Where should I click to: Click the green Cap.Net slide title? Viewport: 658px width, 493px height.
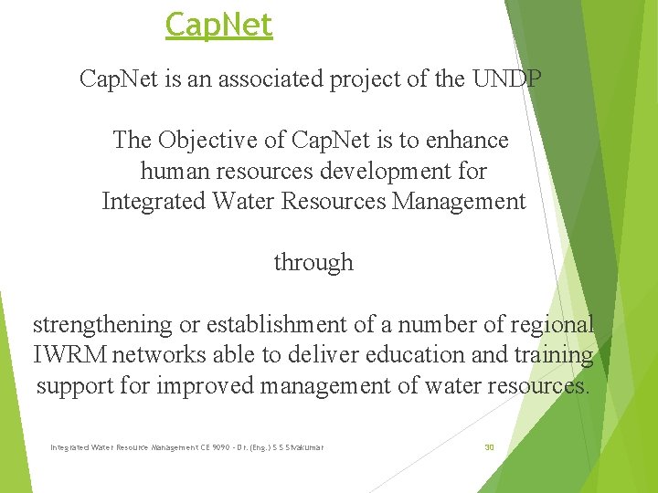point(218,25)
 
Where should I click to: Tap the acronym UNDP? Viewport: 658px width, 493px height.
point(507,79)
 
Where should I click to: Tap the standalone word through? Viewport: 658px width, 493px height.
point(313,263)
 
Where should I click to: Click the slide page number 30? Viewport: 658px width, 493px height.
point(489,447)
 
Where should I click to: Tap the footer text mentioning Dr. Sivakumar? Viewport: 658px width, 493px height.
point(187,447)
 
